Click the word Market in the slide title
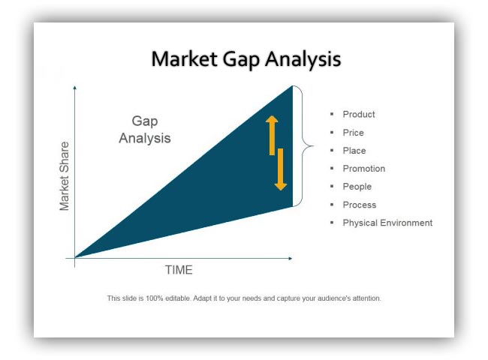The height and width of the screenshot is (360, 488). coord(185,58)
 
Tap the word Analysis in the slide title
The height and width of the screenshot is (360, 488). coord(303,59)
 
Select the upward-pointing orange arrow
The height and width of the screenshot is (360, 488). coord(272,135)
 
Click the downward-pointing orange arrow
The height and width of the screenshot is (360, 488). coord(281,169)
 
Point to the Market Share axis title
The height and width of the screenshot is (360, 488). coord(64,176)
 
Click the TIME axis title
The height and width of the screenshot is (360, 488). coord(179,270)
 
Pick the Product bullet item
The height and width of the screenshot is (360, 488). coord(359,115)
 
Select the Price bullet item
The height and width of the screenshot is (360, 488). coord(354,133)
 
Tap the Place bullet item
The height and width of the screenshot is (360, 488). coord(354,151)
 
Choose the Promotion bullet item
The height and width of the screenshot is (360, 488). coord(364,169)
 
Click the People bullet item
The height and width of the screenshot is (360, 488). coord(357,187)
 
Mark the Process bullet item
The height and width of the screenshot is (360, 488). coord(360,205)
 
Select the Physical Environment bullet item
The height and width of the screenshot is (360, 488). coord(387,223)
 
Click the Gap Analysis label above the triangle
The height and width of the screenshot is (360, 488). coord(145,129)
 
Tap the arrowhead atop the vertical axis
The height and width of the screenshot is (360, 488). coord(74,88)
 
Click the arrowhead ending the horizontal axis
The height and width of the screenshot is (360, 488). coord(291,258)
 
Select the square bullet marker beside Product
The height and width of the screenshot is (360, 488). coord(332,114)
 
